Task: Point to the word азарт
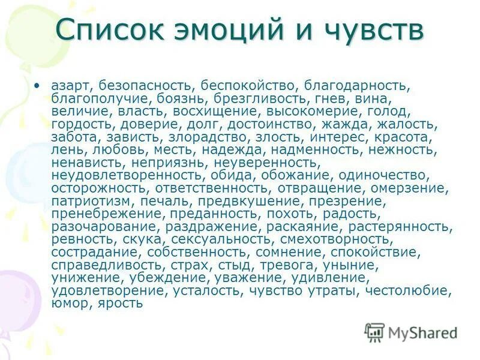69,85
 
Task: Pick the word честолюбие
414,290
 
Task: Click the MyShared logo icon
374,332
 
